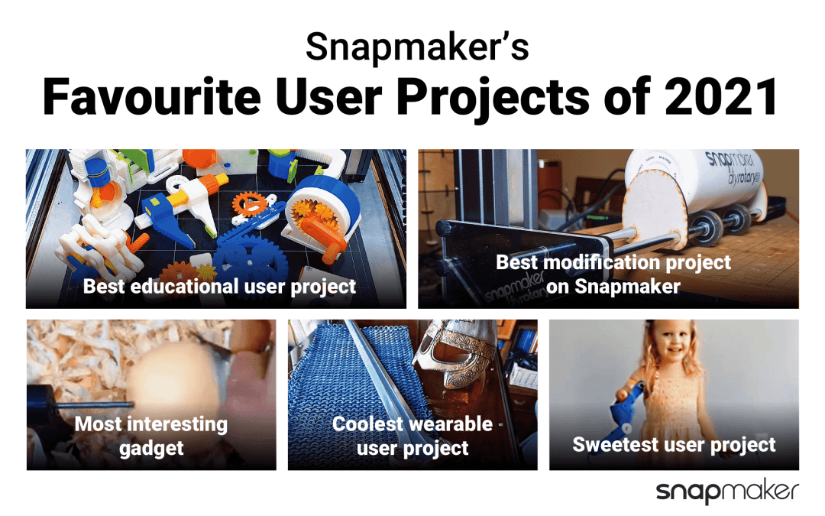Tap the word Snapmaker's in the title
pyautogui.click(x=416, y=47)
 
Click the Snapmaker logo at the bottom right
pyautogui.click(x=726, y=492)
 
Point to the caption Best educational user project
pyautogui.click(x=219, y=287)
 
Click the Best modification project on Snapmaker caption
pyautogui.click(x=613, y=274)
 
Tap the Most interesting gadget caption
pyautogui.click(x=150, y=436)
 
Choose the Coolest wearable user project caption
pyautogui.click(x=412, y=436)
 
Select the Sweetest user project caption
pyautogui.click(x=674, y=445)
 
